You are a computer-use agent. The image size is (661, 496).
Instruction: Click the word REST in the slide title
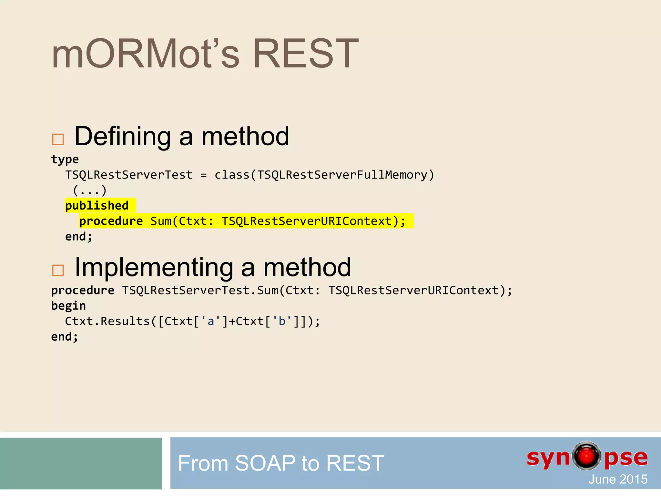click(x=305, y=54)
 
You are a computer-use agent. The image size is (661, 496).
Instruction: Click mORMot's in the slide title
click(x=145, y=54)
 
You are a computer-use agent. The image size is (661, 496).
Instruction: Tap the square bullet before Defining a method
click(x=58, y=139)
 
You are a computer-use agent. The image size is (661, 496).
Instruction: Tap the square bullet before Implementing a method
click(x=58, y=270)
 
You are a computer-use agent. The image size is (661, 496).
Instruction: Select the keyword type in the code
click(x=65, y=159)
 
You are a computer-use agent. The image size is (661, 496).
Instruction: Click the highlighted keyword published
click(x=97, y=206)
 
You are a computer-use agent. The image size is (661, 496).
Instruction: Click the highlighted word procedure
click(x=111, y=221)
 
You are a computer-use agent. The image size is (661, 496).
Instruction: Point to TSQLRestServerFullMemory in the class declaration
click(x=342, y=175)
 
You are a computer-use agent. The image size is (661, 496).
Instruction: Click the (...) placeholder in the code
click(x=89, y=190)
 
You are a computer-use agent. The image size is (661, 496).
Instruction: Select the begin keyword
click(x=68, y=305)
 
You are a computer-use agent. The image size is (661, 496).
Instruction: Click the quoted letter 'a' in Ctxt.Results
click(x=211, y=321)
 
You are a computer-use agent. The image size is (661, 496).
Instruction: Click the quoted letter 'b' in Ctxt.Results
click(x=282, y=321)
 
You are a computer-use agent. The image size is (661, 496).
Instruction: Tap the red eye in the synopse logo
click(x=586, y=456)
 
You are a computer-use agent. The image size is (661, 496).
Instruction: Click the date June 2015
click(x=618, y=479)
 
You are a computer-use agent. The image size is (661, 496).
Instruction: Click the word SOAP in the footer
click(x=265, y=463)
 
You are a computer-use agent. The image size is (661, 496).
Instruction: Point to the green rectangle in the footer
click(x=81, y=463)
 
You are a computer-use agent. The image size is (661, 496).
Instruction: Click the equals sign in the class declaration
click(x=203, y=175)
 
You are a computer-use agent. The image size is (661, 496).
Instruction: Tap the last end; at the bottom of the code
click(x=65, y=337)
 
